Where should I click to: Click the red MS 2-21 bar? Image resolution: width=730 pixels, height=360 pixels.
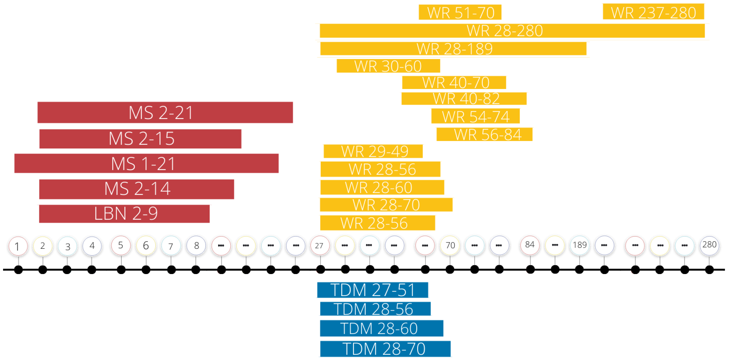click(x=165, y=112)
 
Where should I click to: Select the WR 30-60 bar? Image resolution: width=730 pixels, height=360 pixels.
click(x=388, y=66)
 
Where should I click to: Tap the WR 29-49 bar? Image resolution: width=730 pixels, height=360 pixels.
click(x=373, y=151)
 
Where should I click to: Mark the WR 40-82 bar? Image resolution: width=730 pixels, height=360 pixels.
click(x=464, y=99)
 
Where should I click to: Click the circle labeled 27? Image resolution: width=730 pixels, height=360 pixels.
click(x=320, y=245)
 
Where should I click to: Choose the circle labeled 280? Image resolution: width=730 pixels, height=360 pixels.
click(x=709, y=245)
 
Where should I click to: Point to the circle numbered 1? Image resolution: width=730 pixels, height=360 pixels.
click(x=18, y=246)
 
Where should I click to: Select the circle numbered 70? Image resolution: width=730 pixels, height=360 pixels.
click(x=450, y=245)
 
